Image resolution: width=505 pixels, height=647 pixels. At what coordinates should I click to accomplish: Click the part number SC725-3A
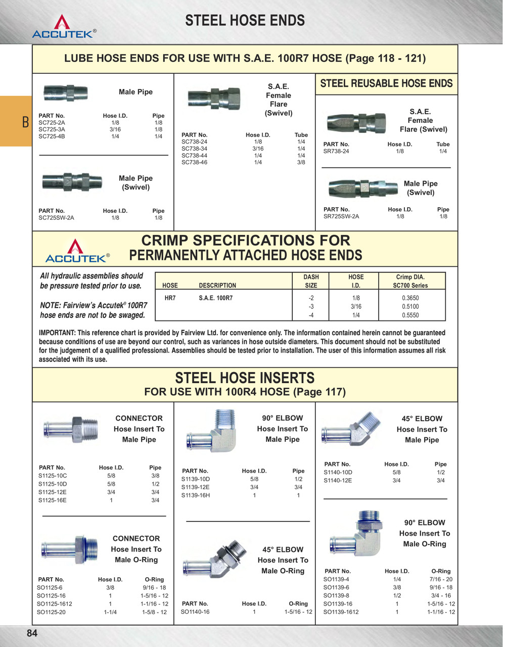point(52,129)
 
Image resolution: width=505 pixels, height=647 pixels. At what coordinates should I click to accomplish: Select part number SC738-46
point(194,162)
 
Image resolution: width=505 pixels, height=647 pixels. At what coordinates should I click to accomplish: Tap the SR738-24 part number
point(336,151)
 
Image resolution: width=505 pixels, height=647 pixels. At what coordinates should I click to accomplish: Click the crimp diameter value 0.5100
point(410,306)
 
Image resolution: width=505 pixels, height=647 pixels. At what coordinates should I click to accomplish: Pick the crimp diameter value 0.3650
point(410,298)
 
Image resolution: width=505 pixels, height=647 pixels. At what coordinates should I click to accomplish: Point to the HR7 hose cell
point(170,298)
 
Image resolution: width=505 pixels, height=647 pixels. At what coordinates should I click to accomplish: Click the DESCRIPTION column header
point(217,286)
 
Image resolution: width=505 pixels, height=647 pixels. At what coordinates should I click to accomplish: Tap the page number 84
point(32,633)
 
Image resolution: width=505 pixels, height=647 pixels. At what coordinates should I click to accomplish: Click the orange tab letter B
point(25,123)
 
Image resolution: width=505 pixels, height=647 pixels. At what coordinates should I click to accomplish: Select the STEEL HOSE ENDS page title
point(245,21)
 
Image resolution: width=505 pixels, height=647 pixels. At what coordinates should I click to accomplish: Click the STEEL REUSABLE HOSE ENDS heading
point(386,83)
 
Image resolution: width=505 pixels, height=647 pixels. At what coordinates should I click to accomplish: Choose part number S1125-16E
point(53,500)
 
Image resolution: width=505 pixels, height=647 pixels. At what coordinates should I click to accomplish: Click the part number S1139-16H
point(196,495)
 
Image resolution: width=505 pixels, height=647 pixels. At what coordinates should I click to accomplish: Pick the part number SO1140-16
point(195,612)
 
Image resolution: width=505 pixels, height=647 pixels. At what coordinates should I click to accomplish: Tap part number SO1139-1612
point(341,612)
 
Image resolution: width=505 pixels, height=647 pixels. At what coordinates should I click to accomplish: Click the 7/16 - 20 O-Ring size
point(441,579)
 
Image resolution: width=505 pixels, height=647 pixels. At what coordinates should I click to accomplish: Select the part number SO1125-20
point(51,612)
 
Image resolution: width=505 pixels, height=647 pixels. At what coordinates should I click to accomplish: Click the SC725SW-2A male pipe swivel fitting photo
point(72,181)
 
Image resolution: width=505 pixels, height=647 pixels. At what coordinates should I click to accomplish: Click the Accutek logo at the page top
point(63,27)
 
